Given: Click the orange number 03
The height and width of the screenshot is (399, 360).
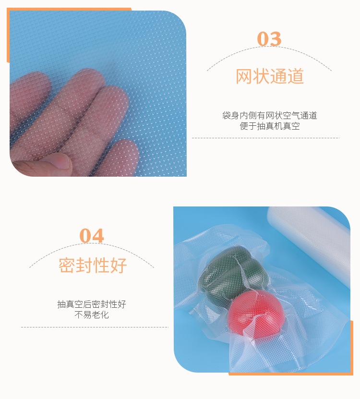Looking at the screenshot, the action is (269, 39).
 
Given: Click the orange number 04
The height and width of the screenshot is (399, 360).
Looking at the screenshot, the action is (92, 236).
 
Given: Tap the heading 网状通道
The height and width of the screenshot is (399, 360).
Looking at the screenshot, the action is (270, 76).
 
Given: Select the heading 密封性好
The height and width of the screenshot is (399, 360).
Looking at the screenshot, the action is (93, 265).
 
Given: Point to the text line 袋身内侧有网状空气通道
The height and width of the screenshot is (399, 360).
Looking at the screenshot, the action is (269, 116).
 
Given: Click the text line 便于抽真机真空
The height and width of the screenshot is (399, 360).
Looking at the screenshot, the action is (270, 126).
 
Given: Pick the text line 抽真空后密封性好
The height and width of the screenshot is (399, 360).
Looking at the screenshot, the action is (92, 304).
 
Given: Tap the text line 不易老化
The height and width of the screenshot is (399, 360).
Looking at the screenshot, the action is (92, 315).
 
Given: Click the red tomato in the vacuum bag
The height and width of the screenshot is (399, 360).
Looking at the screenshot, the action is (255, 314).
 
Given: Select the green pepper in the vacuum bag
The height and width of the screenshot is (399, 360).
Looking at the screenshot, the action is (234, 271).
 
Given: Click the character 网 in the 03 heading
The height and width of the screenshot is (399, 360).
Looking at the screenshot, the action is (244, 76).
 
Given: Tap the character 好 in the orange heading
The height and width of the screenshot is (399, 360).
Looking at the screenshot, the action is (119, 265).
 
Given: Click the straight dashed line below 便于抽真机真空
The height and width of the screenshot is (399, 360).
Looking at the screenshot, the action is (265, 138).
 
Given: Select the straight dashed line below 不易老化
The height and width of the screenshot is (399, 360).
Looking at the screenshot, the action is (95, 327).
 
